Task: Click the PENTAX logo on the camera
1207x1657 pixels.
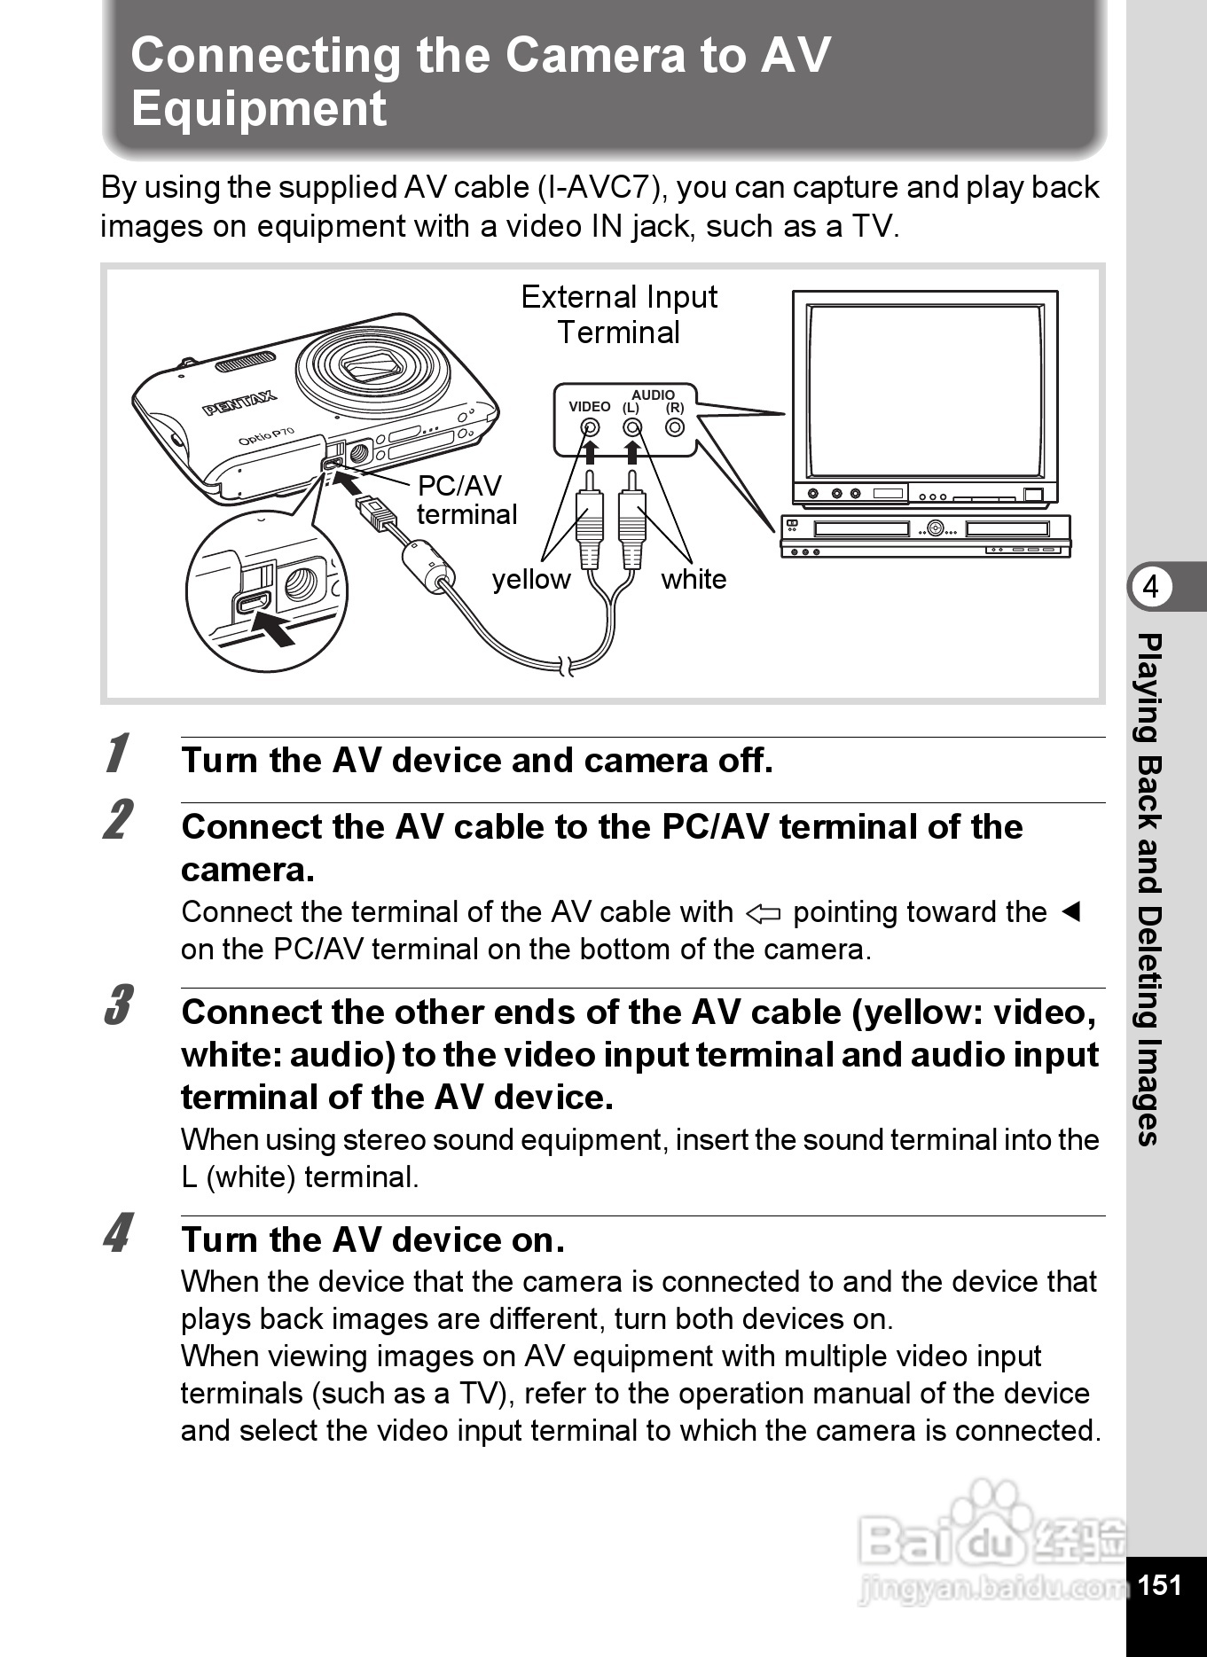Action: point(239,403)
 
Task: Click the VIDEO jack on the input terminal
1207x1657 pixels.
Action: point(590,427)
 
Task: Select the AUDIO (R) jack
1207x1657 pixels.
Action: point(675,427)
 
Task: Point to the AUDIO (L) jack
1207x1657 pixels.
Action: point(631,427)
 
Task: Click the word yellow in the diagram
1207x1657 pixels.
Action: point(531,580)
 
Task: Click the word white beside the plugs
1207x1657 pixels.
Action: point(694,580)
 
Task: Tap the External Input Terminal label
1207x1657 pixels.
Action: point(619,315)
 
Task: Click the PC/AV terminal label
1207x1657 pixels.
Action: point(466,500)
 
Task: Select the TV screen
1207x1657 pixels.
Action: point(924,390)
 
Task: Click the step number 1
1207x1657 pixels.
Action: point(116,754)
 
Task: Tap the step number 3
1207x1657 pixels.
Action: point(118,1005)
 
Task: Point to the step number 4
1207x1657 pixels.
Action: point(118,1233)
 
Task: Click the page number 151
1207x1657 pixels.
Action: point(1160,1585)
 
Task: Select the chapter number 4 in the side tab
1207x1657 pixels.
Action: point(1151,587)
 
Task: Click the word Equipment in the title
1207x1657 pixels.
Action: point(259,109)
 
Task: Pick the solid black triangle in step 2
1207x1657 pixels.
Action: point(1070,911)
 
